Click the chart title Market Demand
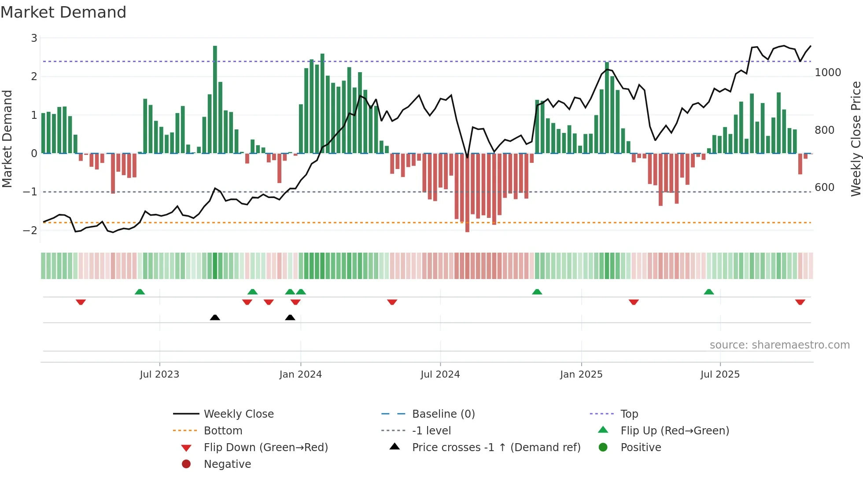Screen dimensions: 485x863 pos(63,12)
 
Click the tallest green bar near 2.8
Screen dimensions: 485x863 pos(215,99)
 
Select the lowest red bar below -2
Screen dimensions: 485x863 pos(467,194)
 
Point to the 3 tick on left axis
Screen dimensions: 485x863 pos(34,38)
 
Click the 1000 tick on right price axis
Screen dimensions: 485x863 pos(827,73)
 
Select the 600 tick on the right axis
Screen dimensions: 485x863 pos(824,187)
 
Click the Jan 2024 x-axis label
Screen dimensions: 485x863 pos(300,375)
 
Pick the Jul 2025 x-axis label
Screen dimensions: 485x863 pos(720,375)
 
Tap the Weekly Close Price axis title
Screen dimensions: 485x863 pos(856,139)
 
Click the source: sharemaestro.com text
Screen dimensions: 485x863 pos(779,345)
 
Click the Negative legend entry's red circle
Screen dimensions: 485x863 pos(186,464)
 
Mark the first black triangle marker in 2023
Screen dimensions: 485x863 pos(215,317)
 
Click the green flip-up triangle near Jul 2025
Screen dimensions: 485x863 pos(708,292)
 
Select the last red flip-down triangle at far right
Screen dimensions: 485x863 pos(800,302)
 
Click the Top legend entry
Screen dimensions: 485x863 pos(629,414)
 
